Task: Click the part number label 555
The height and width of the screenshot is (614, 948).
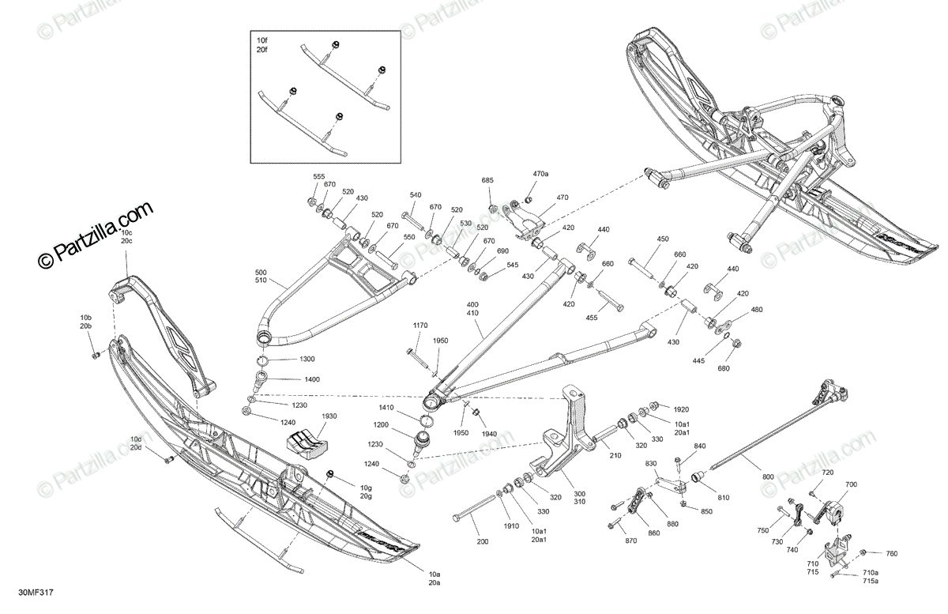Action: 318,176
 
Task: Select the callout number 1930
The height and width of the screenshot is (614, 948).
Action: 328,416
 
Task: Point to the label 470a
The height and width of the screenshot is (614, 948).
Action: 540,174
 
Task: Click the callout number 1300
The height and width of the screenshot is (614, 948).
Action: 307,360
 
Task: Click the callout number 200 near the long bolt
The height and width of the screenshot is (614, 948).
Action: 483,542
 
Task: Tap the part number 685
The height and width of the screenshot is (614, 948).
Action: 487,181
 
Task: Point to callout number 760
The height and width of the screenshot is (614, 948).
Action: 892,554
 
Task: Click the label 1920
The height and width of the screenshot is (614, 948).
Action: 681,409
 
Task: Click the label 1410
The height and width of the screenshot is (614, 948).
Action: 386,408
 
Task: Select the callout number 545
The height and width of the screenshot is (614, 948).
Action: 513,266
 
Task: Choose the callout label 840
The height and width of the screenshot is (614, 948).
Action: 699,446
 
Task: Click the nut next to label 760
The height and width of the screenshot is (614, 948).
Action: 863,552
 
